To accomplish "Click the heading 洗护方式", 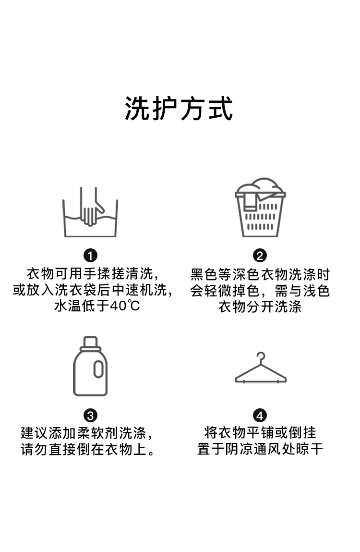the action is pyautogui.click(x=179, y=109).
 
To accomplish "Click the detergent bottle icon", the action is pyautogui.click(x=90, y=367).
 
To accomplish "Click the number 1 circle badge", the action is pyautogui.click(x=90, y=256).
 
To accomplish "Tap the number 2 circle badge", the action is pyautogui.click(x=260, y=256).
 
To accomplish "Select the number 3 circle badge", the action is pyautogui.click(x=90, y=416).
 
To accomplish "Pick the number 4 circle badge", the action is pyautogui.click(x=260, y=416).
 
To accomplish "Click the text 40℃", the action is pyautogui.click(x=124, y=306).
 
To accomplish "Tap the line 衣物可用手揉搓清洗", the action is pyautogui.click(x=92, y=274).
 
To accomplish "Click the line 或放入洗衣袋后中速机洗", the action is pyautogui.click(x=92, y=290).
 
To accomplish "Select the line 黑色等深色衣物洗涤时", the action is pyautogui.click(x=260, y=274).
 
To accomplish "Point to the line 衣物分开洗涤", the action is pyautogui.click(x=260, y=307).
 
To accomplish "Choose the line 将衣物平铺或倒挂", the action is pyautogui.click(x=260, y=433).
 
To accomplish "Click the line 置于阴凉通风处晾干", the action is pyautogui.click(x=260, y=450).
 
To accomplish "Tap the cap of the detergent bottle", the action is pyautogui.click(x=90, y=343).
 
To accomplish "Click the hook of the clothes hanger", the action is pyautogui.click(x=261, y=357).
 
